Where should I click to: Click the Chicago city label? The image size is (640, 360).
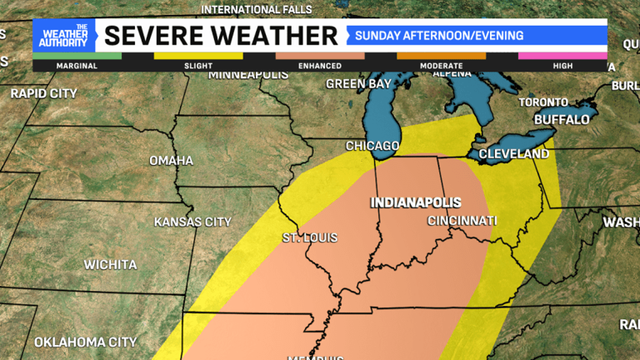pyautogui.click(x=372, y=146)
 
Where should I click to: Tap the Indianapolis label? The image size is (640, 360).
pyautogui.click(x=416, y=202)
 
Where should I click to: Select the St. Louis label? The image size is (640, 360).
pyautogui.click(x=310, y=238)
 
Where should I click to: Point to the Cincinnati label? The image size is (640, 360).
pyautogui.click(x=462, y=221)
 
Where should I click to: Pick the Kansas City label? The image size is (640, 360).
pyautogui.click(x=192, y=222)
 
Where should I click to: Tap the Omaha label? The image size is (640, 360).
pyautogui.click(x=171, y=160)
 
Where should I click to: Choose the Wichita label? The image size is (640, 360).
pyautogui.click(x=110, y=265)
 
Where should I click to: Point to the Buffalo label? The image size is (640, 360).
pyautogui.click(x=562, y=119)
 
